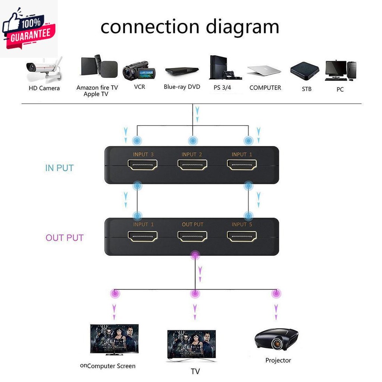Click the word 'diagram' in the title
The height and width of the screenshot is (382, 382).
coord(242,27)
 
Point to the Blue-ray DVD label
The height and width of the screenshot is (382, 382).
coord(182,87)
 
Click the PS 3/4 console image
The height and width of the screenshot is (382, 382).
coord(225,68)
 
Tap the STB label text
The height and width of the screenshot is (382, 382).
coord(307,89)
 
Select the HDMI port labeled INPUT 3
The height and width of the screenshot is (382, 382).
coord(143,165)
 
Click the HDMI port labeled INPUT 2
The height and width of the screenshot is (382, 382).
coord(192,165)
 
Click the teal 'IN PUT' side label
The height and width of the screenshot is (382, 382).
coord(59,168)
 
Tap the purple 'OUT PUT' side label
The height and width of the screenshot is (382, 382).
coord(65,238)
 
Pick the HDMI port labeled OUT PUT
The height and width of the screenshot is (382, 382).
coord(192,236)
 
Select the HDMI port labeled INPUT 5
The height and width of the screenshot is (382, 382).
coord(242,236)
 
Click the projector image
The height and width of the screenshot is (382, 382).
coord(276,338)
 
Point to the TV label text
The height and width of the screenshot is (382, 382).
coord(195,372)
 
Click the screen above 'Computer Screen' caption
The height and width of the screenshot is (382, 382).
coord(114,339)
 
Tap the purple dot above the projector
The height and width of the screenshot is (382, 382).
coord(276,294)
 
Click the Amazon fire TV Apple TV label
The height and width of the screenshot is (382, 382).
coord(97,91)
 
